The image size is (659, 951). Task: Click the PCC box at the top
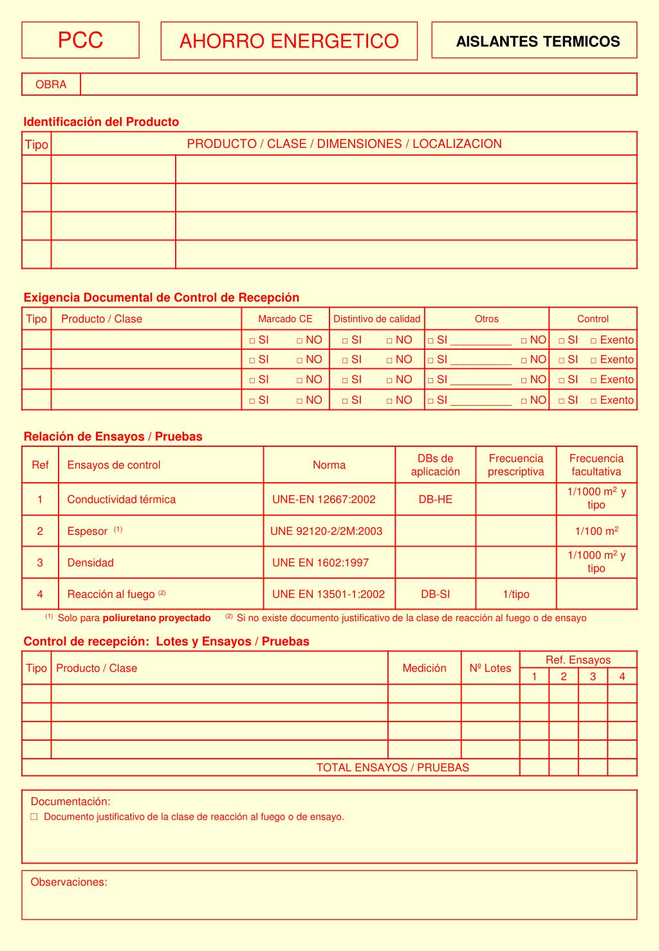click(80, 40)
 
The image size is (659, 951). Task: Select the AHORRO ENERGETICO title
click(289, 41)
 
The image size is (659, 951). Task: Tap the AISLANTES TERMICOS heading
click(537, 42)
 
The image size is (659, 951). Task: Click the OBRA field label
click(51, 84)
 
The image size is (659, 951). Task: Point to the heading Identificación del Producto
click(101, 122)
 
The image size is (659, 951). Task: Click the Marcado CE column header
click(285, 319)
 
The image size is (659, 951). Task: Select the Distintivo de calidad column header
click(376, 319)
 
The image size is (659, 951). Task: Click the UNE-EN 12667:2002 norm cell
click(324, 500)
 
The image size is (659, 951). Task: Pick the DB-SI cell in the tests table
click(435, 594)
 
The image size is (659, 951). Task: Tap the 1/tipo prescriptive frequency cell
click(515, 594)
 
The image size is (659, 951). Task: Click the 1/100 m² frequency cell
click(597, 531)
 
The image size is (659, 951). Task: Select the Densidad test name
click(90, 563)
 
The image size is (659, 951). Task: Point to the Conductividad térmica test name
click(121, 500)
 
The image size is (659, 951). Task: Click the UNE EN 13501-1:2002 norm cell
click(328, 594)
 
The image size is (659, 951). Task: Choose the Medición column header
click(424, 668)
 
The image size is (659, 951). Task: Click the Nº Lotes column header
click(490, 668)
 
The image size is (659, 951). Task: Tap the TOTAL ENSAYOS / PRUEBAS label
click(393, 768)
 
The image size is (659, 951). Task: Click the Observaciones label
click(69, 882)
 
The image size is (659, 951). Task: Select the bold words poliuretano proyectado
click(156, 618)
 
